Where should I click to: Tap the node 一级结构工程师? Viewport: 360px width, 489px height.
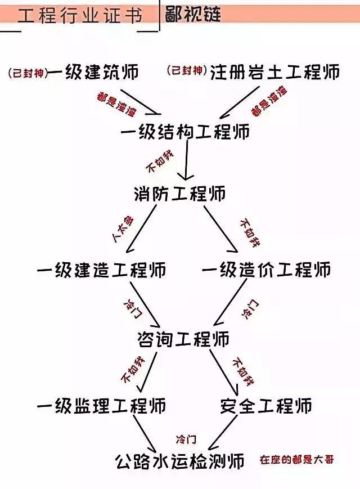185,131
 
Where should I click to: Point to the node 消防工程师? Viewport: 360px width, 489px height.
180,194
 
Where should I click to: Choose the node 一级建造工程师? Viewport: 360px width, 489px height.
102,270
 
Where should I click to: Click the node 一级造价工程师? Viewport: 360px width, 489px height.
267,270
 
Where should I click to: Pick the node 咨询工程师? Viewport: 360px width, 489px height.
183,339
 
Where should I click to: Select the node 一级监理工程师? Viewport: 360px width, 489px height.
102,406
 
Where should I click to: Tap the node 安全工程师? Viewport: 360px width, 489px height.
266,406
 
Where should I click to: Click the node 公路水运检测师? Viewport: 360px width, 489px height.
180,461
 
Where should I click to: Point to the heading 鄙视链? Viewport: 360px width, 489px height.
193,14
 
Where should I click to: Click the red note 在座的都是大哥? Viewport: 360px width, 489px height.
297,460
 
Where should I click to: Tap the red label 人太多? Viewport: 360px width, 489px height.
123,228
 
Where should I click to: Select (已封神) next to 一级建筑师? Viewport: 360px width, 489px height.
28,74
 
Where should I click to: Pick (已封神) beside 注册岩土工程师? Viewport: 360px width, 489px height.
187,70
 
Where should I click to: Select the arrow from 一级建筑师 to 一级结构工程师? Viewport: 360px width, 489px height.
141,102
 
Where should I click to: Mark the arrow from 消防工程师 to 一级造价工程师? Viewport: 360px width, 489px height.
221,229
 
